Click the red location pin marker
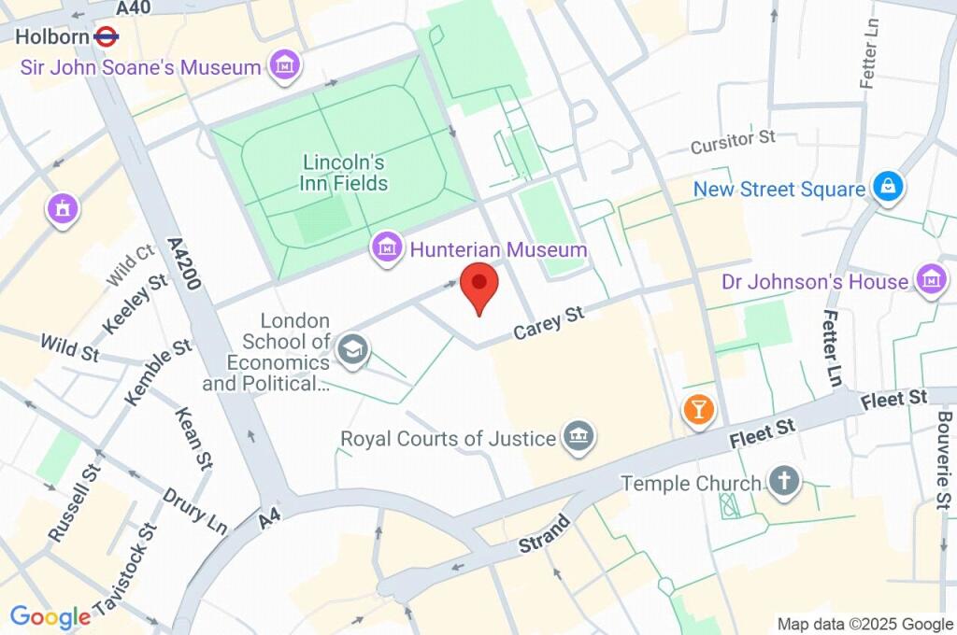[479, 285]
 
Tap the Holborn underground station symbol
[105, 37]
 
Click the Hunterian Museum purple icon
[386, 249]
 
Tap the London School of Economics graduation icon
[353, 351]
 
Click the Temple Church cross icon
[784, 482]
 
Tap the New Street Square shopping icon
[885, 188]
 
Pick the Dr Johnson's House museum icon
[931, 280]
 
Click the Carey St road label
[549, 322]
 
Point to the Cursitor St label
[733, 142]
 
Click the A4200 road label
[185, 263]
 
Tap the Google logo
[50, 616]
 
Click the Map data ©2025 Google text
[864, 624]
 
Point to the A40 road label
[135, 8]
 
